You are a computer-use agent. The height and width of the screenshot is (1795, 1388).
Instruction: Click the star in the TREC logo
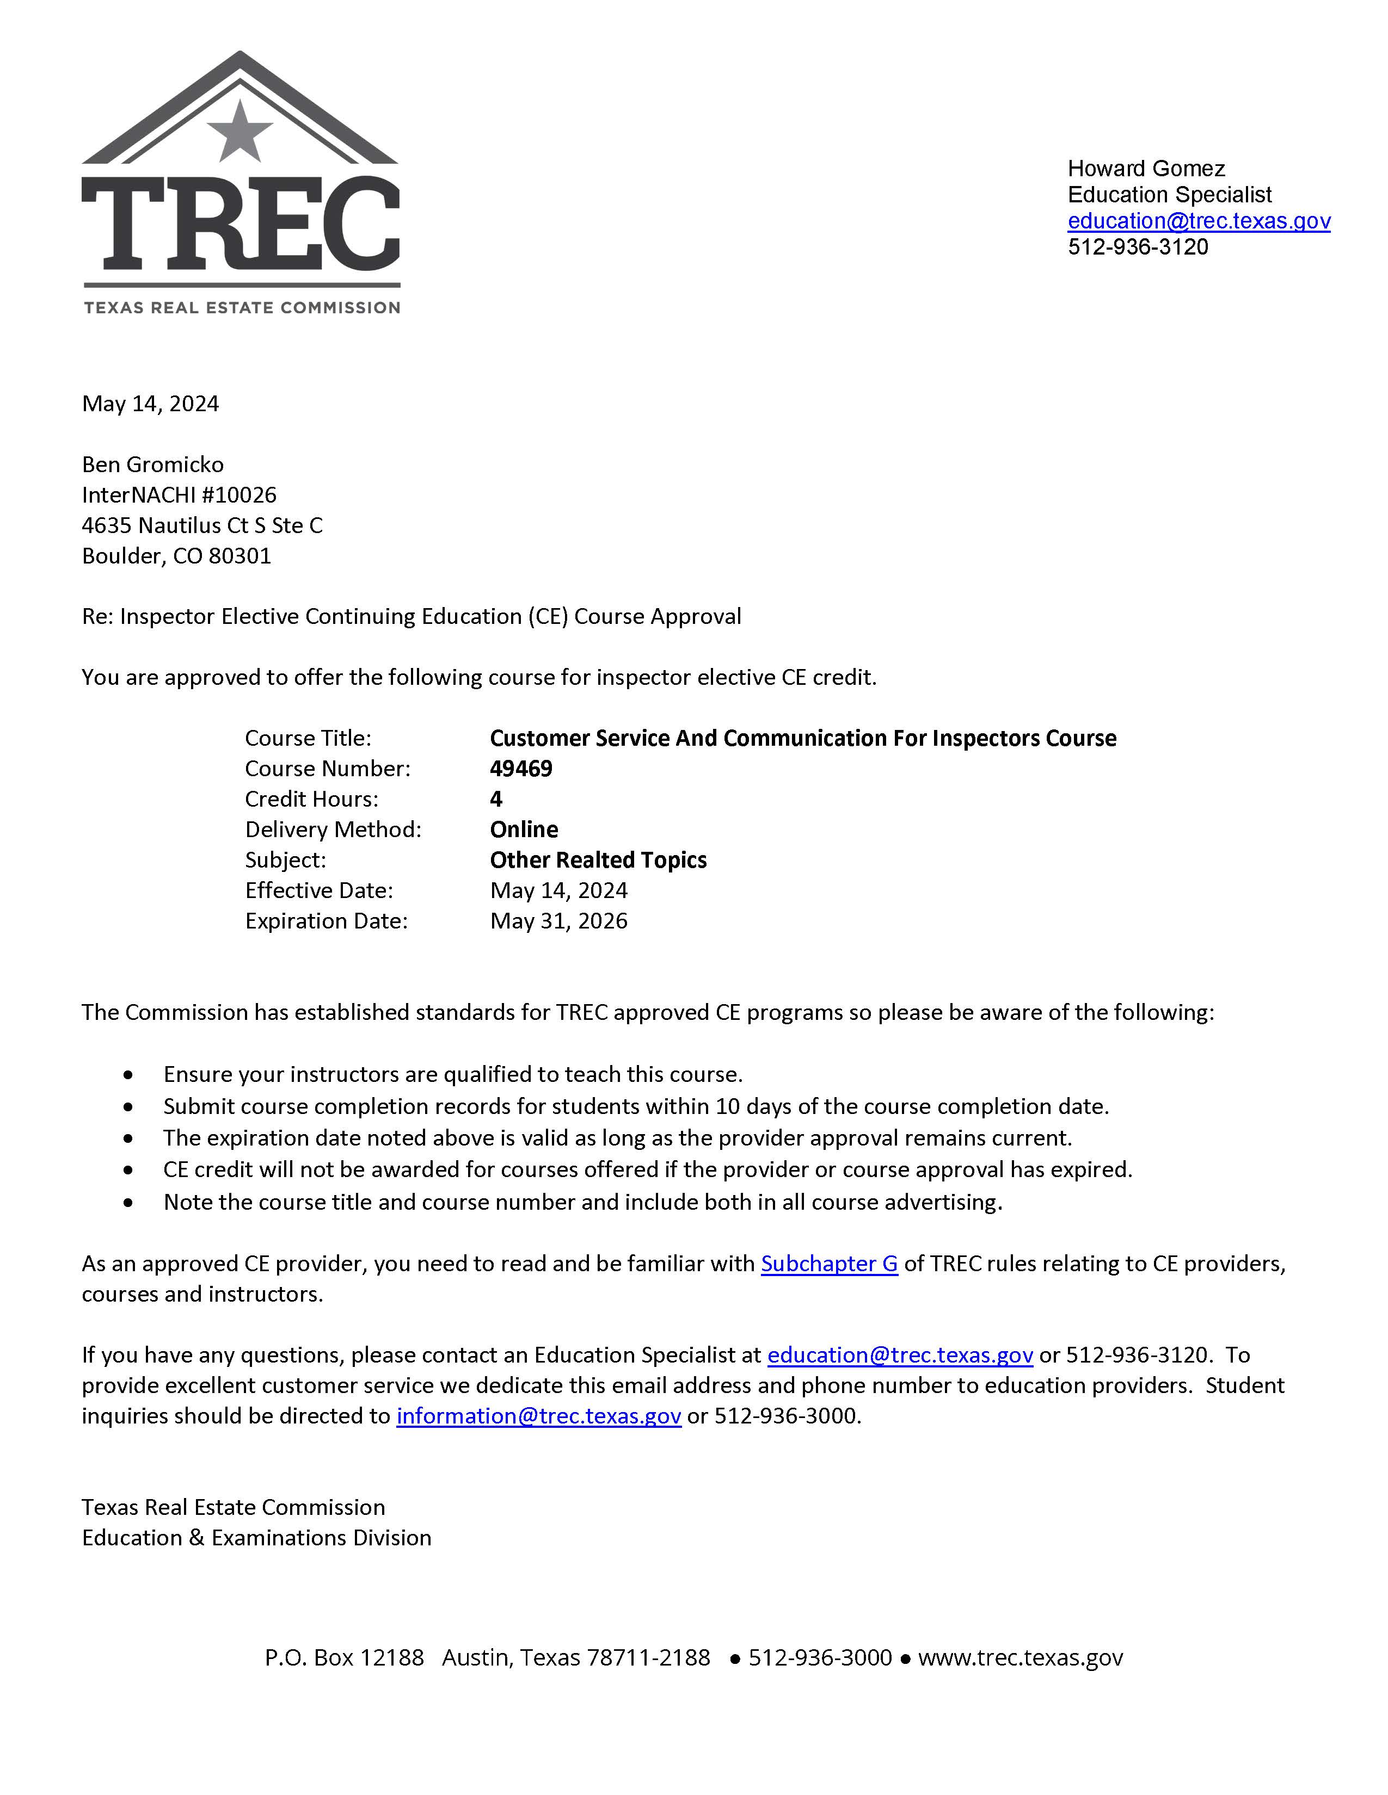[x=239, y=132]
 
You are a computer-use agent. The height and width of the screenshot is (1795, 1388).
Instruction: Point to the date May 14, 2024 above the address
[x=150, y=404]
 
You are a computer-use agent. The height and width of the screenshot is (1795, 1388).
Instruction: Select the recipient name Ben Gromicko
[x=153, y=465]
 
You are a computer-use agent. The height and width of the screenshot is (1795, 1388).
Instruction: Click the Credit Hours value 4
[x=496, y=799]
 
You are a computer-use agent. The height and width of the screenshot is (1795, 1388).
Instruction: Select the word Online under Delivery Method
[x=524, y=830]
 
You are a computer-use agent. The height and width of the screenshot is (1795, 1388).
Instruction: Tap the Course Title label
[x=308, y=738]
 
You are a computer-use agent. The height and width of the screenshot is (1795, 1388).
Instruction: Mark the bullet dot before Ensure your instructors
[x=128, y=1075]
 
